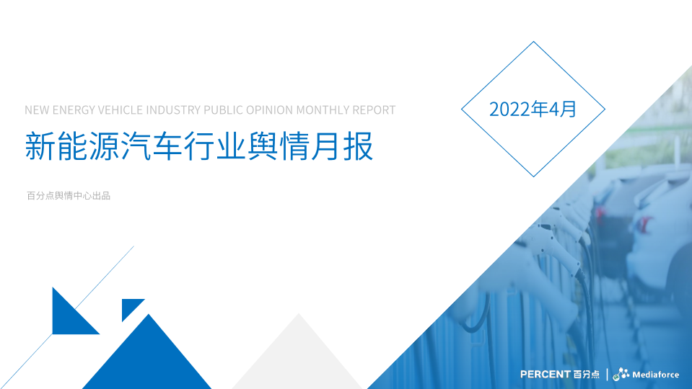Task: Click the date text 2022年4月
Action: click(x=533, y=109)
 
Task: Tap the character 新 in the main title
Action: click(x=40, y=146)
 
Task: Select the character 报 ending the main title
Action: click(x=358, y=146)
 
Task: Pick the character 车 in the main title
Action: click(x=167, y=146)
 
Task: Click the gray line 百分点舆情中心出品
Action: click(x=69, y=196)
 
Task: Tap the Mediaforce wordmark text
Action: click(x=656, y=375)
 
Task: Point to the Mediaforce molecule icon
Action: click(x=621, y=374)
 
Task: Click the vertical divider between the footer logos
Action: click(x=608, y=375)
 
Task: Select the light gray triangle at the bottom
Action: click(x=298, y=352)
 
